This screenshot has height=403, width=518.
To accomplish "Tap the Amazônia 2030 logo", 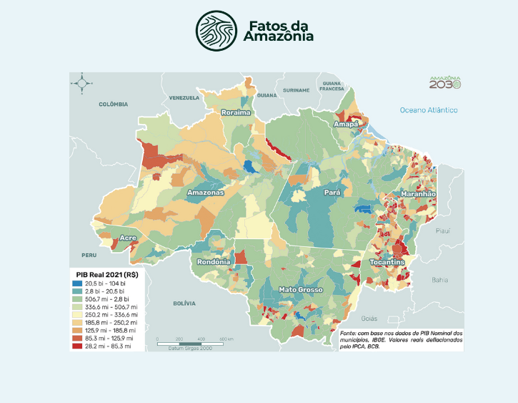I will (x=444, y=82).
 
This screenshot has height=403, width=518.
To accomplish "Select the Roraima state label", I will (x=236, y=113).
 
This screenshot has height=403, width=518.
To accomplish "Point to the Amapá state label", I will (x=344, y=125).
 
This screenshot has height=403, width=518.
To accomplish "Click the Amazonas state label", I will (x=206, y=193).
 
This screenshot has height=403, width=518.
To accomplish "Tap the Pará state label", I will (x=332, y=193).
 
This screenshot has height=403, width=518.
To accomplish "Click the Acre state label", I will (x=129, y=238).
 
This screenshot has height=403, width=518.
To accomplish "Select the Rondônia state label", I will (x=213, y=261).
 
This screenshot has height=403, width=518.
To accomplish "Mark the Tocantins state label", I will (x=387, y=263).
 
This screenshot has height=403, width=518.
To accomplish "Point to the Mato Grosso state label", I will (x=300, y=290).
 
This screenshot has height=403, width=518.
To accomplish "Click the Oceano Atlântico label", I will (x=428, y=110).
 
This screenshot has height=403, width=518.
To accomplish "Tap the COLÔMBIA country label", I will (x=112, y=105).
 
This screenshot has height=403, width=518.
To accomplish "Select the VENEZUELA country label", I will (x=184, y=97).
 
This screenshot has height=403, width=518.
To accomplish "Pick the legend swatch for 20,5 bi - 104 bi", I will (x=76, y=285).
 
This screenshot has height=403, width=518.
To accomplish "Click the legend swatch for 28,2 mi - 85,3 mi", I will (x=76, y=346).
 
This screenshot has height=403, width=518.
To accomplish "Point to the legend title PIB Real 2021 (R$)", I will (x=107, y=275).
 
